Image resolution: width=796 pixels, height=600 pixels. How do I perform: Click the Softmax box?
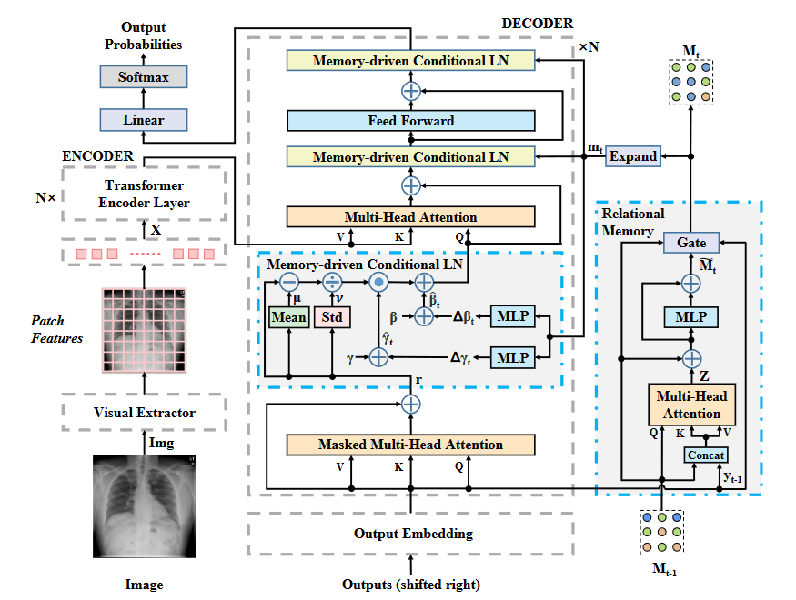click(x=143, y=77)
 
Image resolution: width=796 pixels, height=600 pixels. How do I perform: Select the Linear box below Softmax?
click(x=143, y=119)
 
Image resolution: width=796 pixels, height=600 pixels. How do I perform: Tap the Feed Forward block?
click(x=410, y=120)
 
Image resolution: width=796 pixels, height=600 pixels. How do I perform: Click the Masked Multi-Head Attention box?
click(x=410, y=445)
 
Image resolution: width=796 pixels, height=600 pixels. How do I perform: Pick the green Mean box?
click(x=288, y=317)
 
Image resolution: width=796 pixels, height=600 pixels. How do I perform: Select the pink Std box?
click(x=332, y=317)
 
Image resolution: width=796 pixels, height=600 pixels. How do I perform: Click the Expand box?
click(x=632, y=156)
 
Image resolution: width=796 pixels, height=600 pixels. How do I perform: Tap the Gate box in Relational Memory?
click(x=691, y=243)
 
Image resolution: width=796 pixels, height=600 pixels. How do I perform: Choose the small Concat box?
click(x=706, y=454)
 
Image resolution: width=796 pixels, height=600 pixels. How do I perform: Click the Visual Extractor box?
click(x=144, y=413)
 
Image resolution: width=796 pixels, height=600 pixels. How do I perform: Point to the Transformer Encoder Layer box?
click(x=144, y=195)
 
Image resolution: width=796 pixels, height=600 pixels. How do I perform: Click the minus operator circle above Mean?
click(x=288, y=281)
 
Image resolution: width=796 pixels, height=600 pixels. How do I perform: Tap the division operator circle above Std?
click(x=332, y=281)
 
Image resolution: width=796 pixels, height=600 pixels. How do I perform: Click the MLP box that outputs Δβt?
click(x=513, y=316)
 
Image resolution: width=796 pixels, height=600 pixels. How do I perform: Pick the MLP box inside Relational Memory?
click(x=691, y=317)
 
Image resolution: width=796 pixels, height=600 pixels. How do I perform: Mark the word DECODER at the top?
click(x=537, y=21)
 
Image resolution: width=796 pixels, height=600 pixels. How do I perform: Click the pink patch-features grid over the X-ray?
click(x=144, y=329)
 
